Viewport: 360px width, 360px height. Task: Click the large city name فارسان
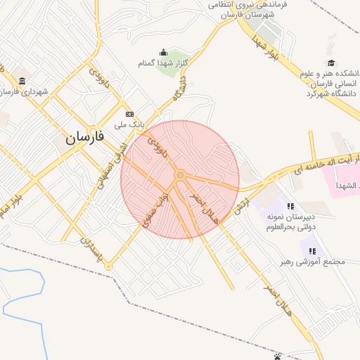tap(85, 136)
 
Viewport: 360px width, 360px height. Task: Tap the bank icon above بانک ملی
tap(129, 114)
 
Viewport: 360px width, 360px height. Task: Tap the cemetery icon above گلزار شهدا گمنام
tap(164, 52)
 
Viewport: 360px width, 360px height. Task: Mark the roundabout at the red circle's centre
tap(181, 174)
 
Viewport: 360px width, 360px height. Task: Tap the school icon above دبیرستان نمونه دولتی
tap(290, 206)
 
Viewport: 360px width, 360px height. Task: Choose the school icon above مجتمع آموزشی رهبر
tap(313, 250)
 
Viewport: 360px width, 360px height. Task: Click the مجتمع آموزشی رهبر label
tap(316, 262)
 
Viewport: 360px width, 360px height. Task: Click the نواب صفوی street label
tap(155, 210)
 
